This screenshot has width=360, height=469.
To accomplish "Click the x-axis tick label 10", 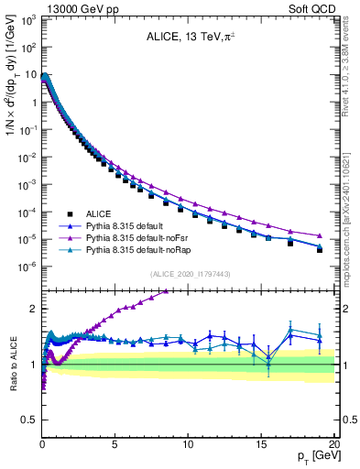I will (x=187, y=444).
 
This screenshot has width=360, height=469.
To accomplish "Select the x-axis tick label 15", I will (x=260, y=444).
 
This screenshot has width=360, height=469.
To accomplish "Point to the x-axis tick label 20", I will (x=333, y=444).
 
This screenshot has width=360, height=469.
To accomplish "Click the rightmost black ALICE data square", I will (x=319, y=249).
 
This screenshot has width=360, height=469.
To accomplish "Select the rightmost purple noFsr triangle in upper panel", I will (x=319, y=235).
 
